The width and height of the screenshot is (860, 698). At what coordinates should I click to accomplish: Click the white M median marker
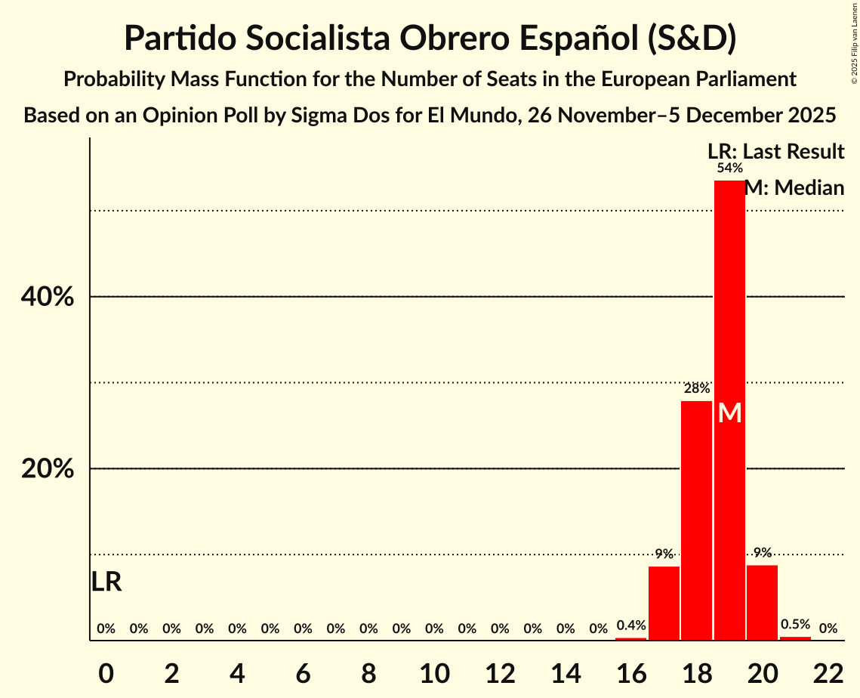pyautogui.click(x=729, y=412)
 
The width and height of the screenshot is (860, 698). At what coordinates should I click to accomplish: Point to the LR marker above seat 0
pyautogui.click(x=106, y=582)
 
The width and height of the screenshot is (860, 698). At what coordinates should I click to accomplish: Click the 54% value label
pyautogui.click(x=729, y=168)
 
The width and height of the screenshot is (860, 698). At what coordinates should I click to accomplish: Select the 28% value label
pyautogui.click(x=696, y=389)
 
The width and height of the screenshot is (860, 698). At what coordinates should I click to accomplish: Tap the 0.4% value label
pyautogui.click(x=631, y=625)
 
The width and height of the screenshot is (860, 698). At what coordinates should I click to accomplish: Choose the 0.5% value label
pyautogui.click(x=795, y=625)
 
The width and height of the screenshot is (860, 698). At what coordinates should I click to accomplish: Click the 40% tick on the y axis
pyautogui.click(x=48, y=298)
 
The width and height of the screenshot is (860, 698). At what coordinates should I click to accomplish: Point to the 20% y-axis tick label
pyautogui.click(x=48, y=469)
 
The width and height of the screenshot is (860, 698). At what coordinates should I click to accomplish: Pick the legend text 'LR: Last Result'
pyautogui.click(x=775, y=152)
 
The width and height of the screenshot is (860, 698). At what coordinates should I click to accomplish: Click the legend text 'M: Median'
pyautogui.click(x=794, y=187)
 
